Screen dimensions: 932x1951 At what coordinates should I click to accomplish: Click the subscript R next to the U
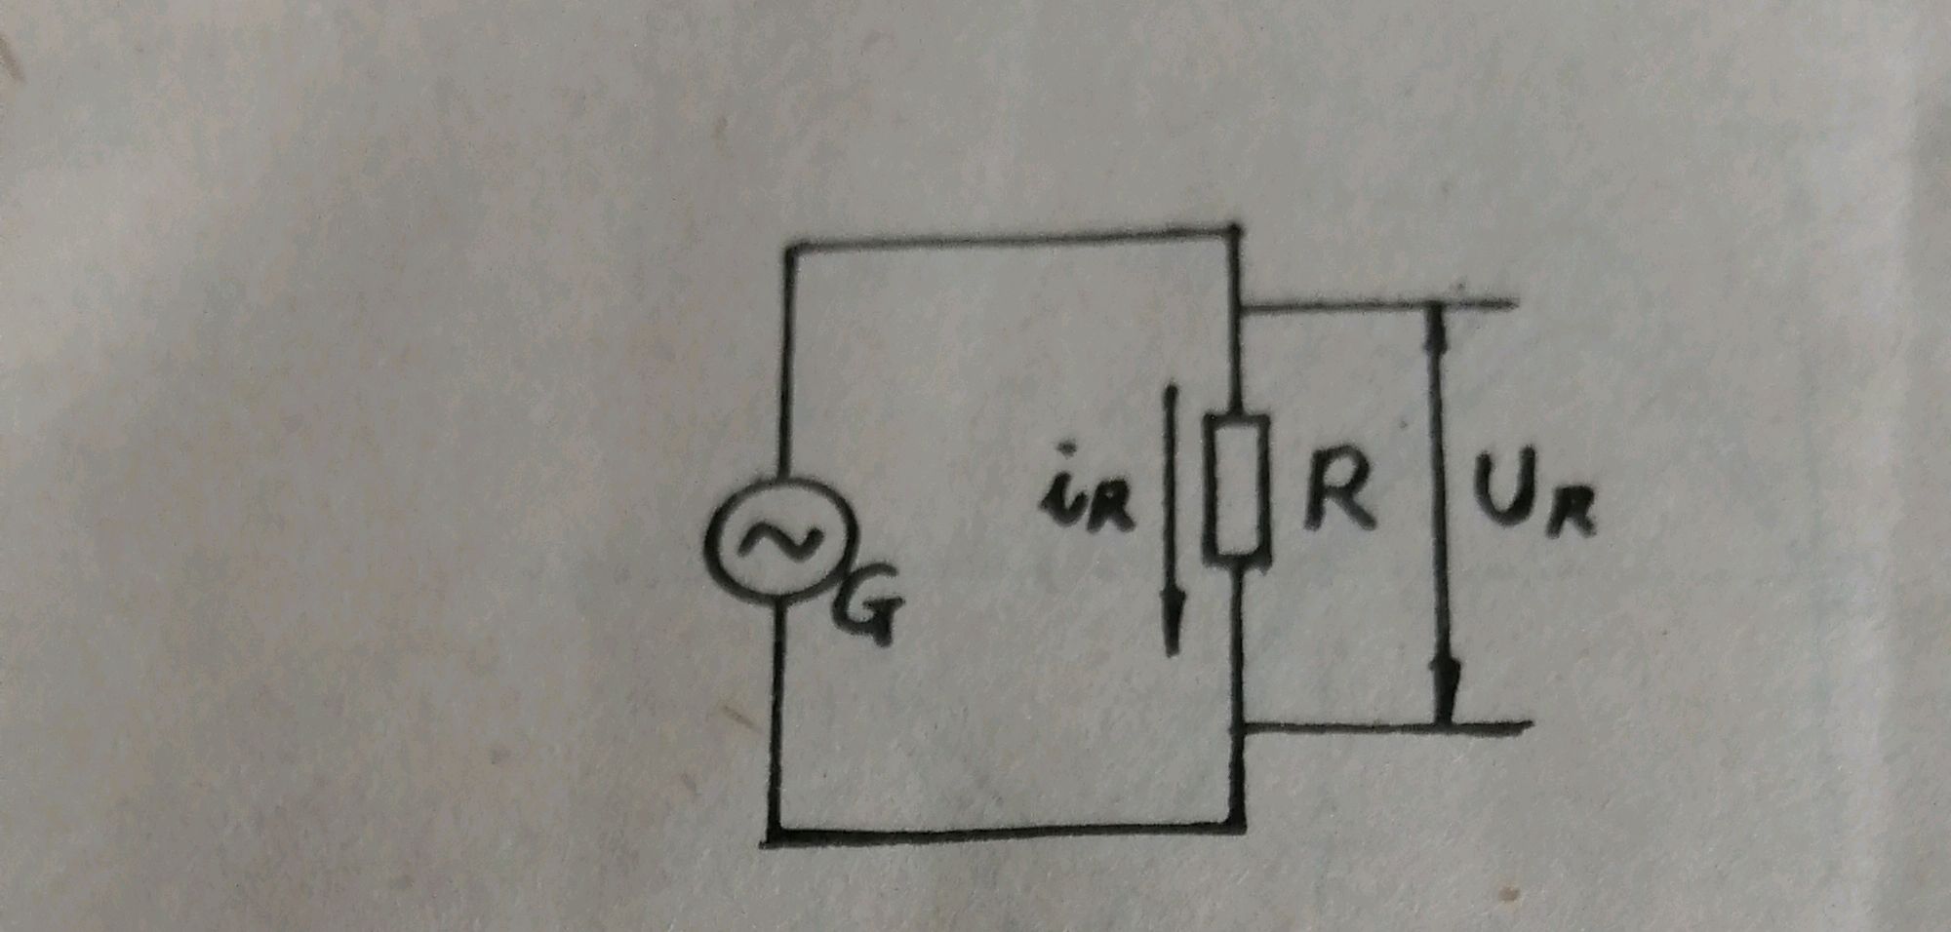pos(1573,512)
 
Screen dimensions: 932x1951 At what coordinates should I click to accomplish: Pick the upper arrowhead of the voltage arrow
pos(1436,327)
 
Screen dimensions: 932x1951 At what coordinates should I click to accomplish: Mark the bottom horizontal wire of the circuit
pos(1005,835)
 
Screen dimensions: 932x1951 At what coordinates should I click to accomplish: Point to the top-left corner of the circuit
pos(791,250)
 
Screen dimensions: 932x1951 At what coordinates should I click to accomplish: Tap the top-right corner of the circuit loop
pos(1234,232)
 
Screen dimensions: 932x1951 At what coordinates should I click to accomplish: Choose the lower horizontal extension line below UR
pos(1385,726)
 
